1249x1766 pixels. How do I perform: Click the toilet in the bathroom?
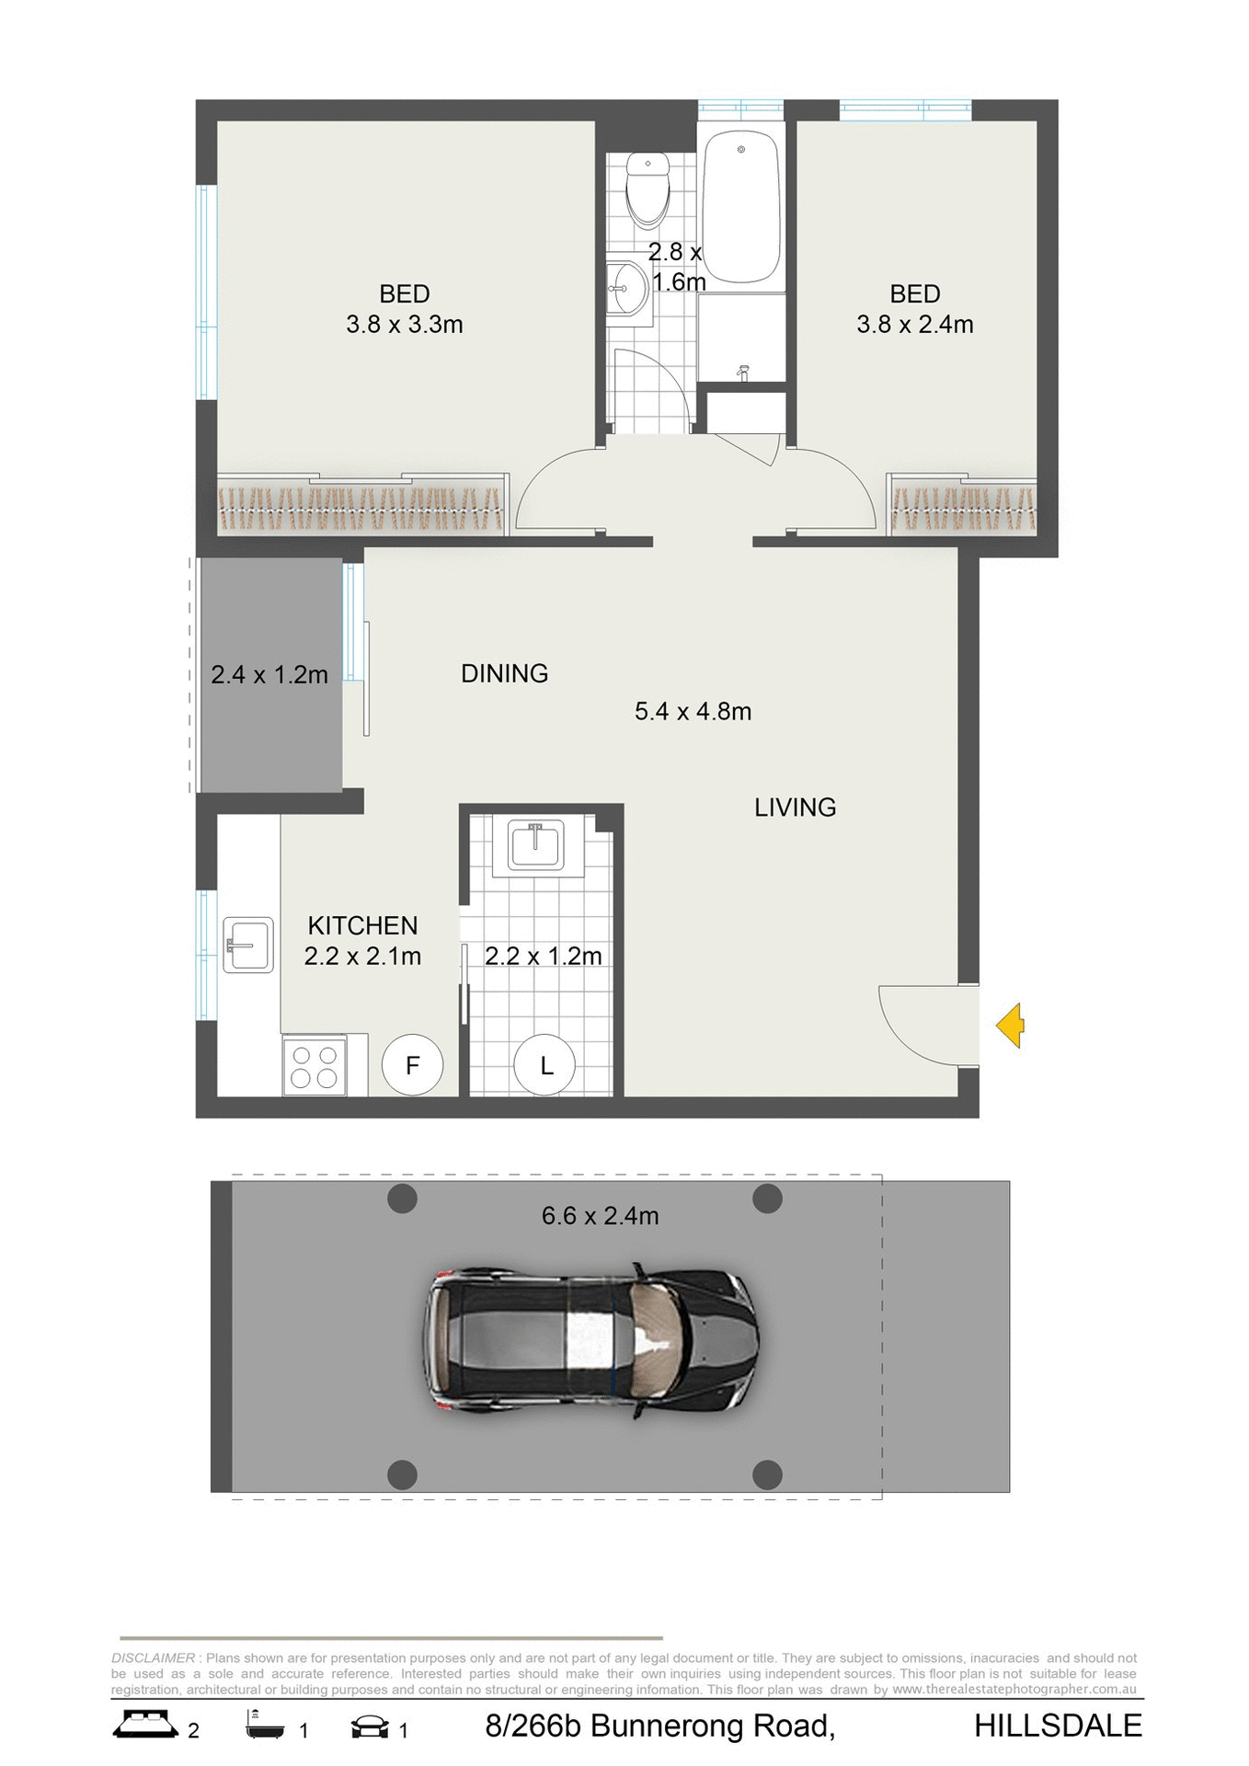648,189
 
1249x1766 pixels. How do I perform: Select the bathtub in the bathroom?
740,206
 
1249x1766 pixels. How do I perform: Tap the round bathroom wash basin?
630,288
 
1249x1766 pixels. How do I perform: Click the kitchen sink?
248,945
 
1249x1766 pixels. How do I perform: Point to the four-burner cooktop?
315,1065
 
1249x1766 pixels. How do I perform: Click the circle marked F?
413,1065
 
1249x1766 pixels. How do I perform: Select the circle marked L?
545,1065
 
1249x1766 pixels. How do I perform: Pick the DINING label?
504,673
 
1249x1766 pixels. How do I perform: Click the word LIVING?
795,808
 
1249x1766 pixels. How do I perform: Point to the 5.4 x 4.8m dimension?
693,711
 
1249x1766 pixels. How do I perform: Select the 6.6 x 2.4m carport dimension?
600,1216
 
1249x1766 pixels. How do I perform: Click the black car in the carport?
592,1339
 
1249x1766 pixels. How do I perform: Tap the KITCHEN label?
362,925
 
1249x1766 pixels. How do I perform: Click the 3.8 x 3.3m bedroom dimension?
404,324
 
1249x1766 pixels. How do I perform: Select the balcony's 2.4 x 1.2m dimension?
269,675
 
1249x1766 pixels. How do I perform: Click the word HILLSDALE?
1058,1726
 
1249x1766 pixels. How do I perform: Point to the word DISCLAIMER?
153,1658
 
